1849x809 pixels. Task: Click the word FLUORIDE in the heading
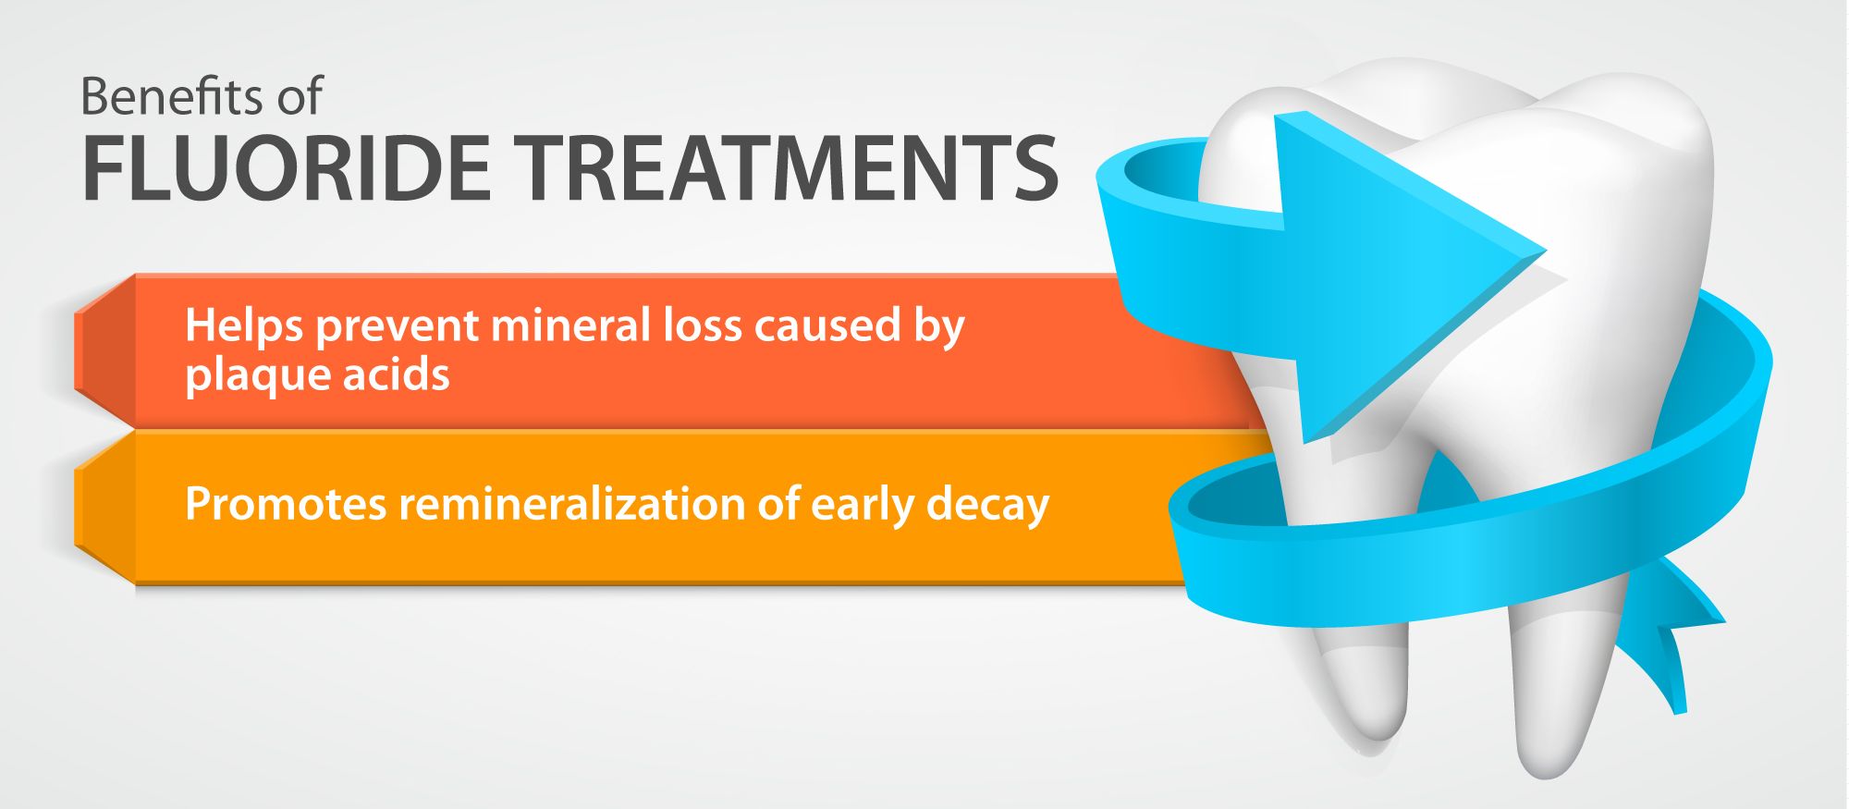287,168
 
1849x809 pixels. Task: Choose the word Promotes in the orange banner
285,505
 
